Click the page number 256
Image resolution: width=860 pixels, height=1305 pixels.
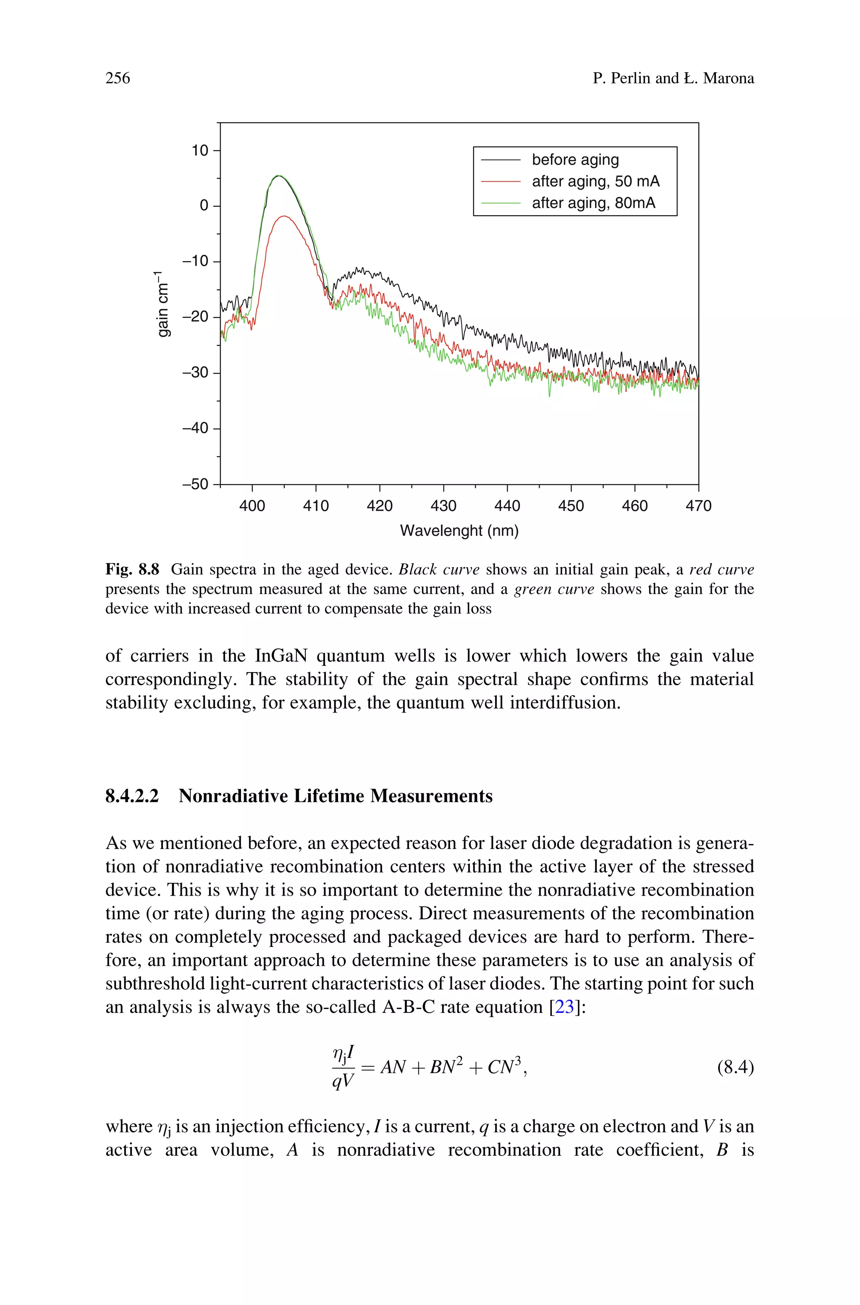pyautogui.click(x=118, y=79)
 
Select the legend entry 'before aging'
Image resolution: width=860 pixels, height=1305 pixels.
pyautogui.click(x=575, y=160)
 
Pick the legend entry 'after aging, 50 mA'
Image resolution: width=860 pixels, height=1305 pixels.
pyautogui.click(x=595, y=181)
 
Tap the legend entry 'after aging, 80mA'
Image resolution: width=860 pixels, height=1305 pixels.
pyautogui.click(x=593, y=203)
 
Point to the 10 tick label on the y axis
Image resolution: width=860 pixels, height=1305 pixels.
pyautogui.click(x=199, y=150)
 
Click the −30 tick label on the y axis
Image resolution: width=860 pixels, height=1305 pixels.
pyautogui.click(x=196, y=373)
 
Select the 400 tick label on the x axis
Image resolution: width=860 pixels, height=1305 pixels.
pyautogui.click(x=252, y=506)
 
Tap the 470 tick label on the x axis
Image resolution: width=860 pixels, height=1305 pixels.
pyautogui.click(x=698, y=506)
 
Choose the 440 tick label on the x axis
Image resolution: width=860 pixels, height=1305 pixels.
pyautogui.click(x=507, y=506)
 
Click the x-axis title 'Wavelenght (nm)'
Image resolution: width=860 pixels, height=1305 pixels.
pyautogui.click(x=459, y=531)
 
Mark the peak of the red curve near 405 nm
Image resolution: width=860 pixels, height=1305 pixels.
pyautogui.click(x=283, y=216)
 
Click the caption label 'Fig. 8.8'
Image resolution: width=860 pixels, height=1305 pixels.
pyautogui.click(x=132, y=569)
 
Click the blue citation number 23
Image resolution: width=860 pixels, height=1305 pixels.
pyautogui.click(x=564, y=1007)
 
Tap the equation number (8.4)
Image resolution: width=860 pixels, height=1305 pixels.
pyautogui.click(x=735, y=1068)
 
